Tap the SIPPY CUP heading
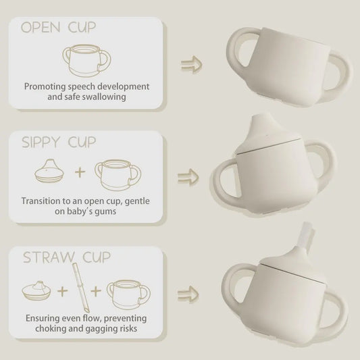(59, 142)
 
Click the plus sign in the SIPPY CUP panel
(80, 172)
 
